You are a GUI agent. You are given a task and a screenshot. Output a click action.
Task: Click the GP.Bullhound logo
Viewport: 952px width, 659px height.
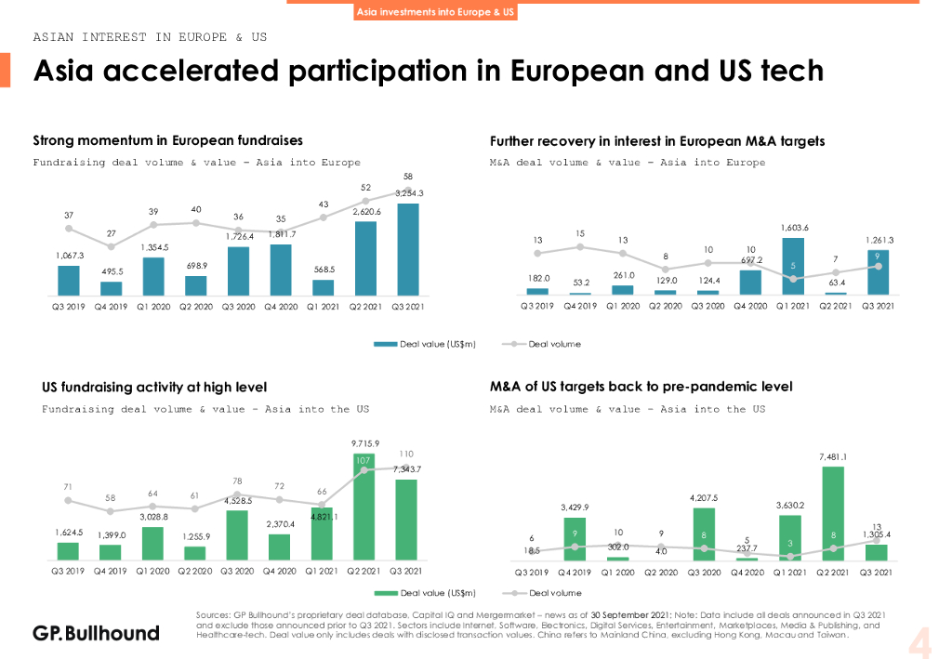pyautogui.click(x=96, y=633)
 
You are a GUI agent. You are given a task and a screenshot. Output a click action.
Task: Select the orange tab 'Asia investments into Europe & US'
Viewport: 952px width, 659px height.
pyautogui.click(x=436, y=12)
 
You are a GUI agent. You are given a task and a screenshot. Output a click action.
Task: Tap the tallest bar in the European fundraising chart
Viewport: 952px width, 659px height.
pyautogui.click(x=407, y=249)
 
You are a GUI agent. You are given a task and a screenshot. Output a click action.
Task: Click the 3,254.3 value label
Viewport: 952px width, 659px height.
pyautogui.click(x=409, y=193)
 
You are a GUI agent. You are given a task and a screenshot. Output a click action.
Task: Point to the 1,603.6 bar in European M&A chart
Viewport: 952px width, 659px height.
pyautogui.click(x=792, y=267)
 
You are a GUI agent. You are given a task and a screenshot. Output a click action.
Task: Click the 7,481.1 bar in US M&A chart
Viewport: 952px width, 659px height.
pyautogui.click(x=833, y=514)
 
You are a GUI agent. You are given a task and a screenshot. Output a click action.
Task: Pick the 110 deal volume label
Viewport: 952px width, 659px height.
pyautogui.click(x=406, y=454)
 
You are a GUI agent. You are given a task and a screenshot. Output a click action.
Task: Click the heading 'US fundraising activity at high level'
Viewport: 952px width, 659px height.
pyautogui.click(x=154, y=387)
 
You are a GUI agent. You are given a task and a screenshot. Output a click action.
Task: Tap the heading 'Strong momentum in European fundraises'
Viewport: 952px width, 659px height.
pyautogui.click(x=167, y=141)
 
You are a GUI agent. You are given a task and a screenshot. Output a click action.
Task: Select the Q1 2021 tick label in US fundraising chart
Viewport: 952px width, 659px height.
pyautogui.click(x=323, y=571)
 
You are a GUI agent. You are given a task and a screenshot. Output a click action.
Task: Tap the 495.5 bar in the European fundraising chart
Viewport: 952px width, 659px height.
pyautogui.click(x=112, y=288)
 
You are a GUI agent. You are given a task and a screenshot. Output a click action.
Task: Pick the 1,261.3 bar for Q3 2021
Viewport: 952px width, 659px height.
pyautogui.click(x=877, y=272)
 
